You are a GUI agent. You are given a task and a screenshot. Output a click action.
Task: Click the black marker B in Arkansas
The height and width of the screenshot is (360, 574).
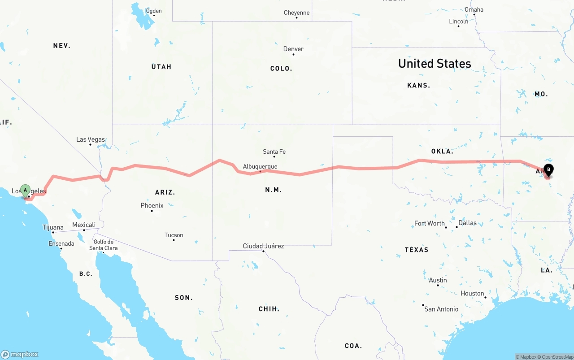click(x=548, y=170)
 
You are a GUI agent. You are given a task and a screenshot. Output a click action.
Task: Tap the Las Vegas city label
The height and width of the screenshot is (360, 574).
click(x=90, y=139)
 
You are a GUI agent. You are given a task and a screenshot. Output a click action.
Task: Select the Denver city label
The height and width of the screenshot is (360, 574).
click(x=293, y=49)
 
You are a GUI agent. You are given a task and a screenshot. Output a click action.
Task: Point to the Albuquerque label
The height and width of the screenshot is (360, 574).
click(x=260, y=167)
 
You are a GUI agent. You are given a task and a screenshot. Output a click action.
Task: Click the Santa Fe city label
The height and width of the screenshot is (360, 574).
click(x=274, y=152)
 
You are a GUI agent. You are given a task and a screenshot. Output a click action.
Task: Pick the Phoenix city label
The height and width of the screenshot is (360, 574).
click(x=152, y=205)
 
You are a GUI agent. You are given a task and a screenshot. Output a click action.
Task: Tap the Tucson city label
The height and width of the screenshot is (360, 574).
click(x=174, y=235)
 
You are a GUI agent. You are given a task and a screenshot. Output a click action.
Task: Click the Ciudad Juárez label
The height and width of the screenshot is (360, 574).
click(x=263, y=246)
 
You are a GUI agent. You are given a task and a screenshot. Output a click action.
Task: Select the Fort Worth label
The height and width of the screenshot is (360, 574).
click(x=429, y=223)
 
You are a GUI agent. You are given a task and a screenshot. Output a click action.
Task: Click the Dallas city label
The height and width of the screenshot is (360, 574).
click(x=467, y=223)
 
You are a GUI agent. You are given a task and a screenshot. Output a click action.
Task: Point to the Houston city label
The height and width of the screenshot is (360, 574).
click(x=472, y=294)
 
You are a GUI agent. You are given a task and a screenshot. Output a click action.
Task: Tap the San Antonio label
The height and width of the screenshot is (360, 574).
click(x=441, y=309)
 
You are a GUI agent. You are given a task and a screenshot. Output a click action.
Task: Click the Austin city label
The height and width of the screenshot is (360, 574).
click(x=438, y=280)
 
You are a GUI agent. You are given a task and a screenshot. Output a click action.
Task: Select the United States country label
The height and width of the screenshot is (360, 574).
click(x=435, y=64)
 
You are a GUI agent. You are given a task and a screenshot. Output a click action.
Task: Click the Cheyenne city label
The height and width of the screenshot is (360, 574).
click(x=296, y=13)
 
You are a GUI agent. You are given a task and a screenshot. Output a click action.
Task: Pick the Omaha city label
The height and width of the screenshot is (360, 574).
click(x=474, y=9)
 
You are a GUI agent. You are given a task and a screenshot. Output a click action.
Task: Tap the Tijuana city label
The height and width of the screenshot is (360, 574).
click(x=53, y=227)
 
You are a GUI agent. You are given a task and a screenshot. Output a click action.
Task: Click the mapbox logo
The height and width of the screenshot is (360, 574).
click(x=20, y=354)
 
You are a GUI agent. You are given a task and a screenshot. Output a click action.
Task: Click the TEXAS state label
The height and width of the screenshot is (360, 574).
click(x=417, y=250)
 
